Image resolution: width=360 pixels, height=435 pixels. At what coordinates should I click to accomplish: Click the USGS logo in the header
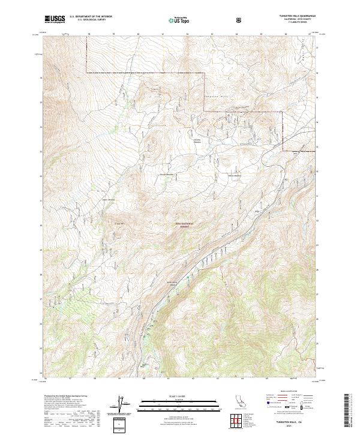coord(55,19)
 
